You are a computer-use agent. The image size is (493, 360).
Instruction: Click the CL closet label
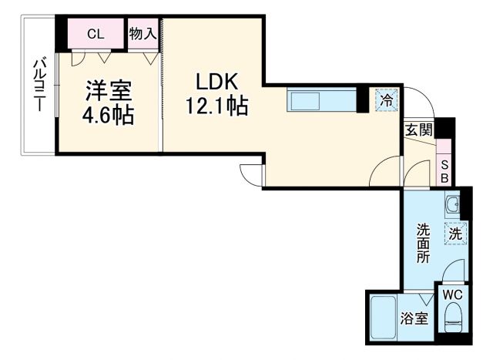coord(96,33)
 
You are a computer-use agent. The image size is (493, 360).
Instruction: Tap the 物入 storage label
coord(143,33)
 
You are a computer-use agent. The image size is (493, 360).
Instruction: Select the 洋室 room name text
coord(108,89)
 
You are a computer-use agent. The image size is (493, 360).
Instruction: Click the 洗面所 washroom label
coord(424,244)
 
